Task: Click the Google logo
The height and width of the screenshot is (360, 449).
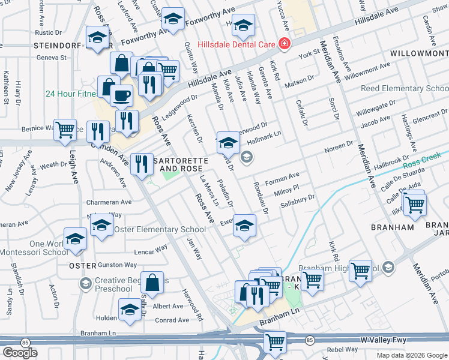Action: (20, 353)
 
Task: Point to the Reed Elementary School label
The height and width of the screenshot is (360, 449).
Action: (405, 89)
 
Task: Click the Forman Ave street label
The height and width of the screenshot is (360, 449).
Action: (282, 177)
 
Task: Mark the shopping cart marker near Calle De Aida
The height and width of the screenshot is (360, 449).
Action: (414, 204)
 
